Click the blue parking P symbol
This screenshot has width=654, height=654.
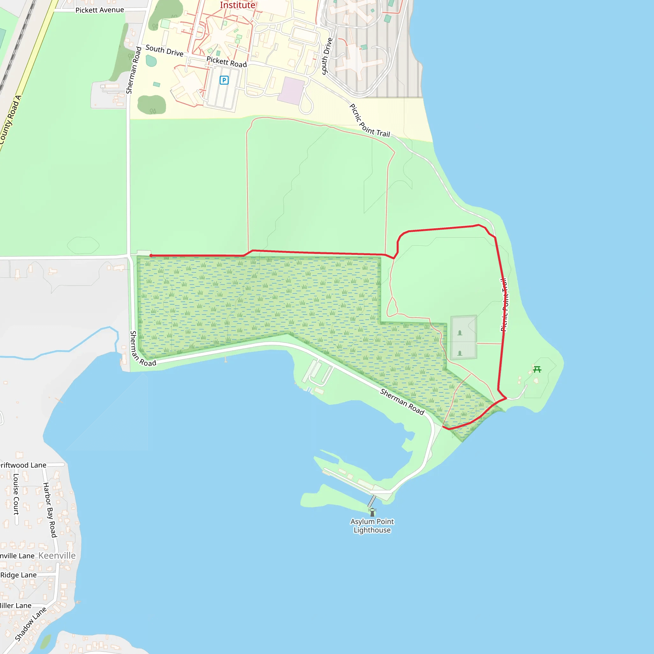pyautogui.click(x=224, y=80)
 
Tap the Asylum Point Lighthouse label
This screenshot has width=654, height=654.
pyautogui.click(x=372, y=526)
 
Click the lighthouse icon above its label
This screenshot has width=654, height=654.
pyautogui.click(x=372, y=512)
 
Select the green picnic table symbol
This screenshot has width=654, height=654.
pyautogui.click(x=537, y=369)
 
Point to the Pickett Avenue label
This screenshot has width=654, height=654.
pyautogui.click(x=100, y=10)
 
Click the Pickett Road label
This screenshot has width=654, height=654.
pyautogui.click(x=226, y=62)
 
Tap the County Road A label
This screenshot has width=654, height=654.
pyautogui.click(x=10, y=120)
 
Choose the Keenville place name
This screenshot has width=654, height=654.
pyautogui.click(x=57, y=556)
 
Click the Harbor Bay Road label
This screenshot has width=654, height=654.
pyautogui.click(x=50, y=510)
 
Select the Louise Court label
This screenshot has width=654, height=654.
pyautogui.click(x=16, y=494)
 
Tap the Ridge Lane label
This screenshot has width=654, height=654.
pyautogui.click(x=19, y=575)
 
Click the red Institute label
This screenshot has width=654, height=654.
pyautogui.click(x=238, y=5)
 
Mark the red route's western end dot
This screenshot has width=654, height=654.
pyautogui.click(x=151, y=255)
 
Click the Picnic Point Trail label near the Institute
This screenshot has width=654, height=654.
pyautogui.click(x=370, y=120)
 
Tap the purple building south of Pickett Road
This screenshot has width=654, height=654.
pyautogui.click(x=291, y=91)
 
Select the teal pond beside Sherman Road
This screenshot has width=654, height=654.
pyautogui.click(x=151, y=61)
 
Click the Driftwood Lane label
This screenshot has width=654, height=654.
pyautogui.click(x=23, y=465)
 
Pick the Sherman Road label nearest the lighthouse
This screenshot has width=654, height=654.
pyautogui.click(x=402, y=402)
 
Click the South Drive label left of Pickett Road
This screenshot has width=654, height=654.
pyautogui.click(x=164, y=50)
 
